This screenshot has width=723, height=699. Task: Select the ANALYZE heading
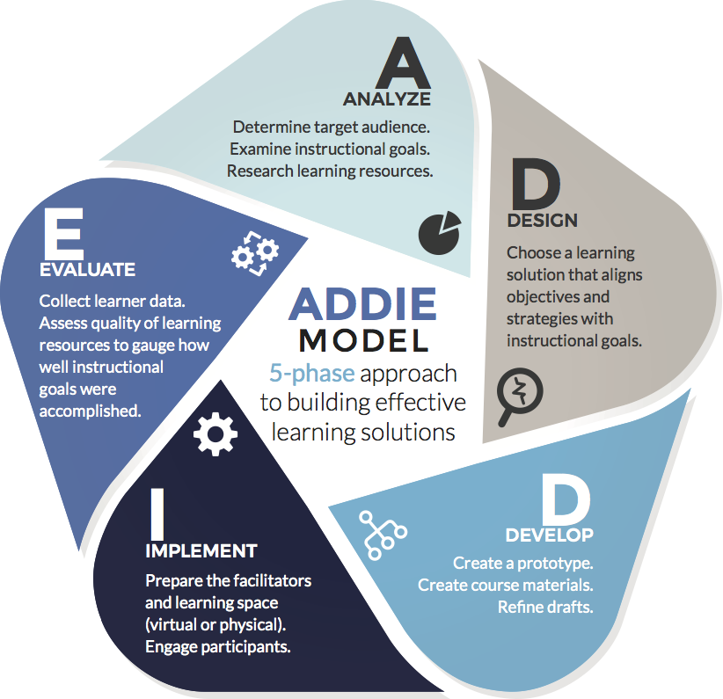tap(386, 98)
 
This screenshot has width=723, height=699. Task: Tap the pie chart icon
tap(440, 231)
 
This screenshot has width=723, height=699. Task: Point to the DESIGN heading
tap(542, 220)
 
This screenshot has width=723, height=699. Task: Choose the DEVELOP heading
tap(549, 535)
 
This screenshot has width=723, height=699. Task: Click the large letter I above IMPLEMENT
tap(157, 513)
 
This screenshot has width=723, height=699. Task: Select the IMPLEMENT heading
tap(201, 551)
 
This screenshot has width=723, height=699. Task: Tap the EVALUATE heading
tap(87, 269)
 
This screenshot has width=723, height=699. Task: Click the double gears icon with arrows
tap(255, 254)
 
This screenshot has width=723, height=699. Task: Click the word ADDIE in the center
tap(362, 303)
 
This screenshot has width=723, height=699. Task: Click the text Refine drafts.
tap(544, 607)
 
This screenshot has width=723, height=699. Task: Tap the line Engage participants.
tap(217, 647)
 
